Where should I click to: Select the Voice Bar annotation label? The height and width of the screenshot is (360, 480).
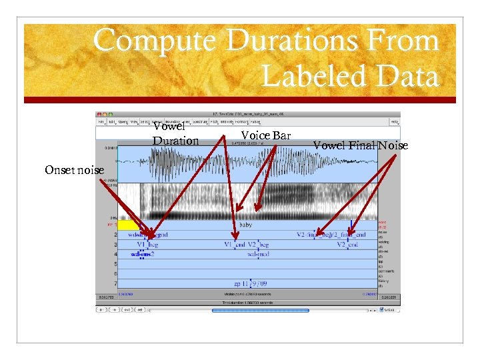(x=265, y=135)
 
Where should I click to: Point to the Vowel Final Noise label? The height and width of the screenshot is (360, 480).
(x=360, y=145)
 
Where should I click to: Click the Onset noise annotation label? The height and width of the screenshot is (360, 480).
(x=74, y=170)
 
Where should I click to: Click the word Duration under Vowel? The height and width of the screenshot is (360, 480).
(x=175, y=141)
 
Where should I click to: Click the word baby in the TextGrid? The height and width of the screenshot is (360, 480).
(x=246, y=225)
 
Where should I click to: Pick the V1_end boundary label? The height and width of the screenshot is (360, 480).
(x=235, y=245)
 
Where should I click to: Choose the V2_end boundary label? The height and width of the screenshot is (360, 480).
(x=347, y=245)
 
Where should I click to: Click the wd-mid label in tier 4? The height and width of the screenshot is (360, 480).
(x=257, y=254)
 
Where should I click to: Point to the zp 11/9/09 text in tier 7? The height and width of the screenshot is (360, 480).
(x=247, y=283)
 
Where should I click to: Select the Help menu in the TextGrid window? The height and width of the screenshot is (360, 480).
(x=395, y=122)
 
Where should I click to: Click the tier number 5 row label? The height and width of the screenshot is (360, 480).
(x=115, y=264)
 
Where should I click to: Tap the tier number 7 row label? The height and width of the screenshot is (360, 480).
(x=115, y=283)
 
